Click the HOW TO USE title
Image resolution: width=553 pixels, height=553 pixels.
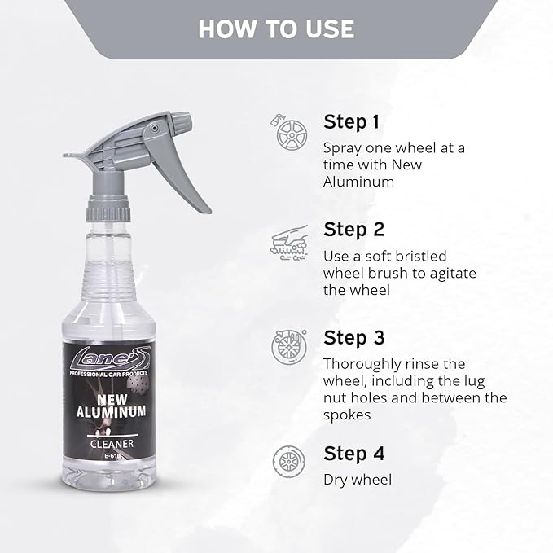276,29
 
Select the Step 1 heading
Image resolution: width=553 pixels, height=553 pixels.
352,122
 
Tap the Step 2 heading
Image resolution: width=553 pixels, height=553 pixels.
353,229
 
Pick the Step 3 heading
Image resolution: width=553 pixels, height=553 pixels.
353,337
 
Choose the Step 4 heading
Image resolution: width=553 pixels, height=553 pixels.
354,453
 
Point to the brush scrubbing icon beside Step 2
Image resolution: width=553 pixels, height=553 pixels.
288,239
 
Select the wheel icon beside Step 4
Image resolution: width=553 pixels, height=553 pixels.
288,461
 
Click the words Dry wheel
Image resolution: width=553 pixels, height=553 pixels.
357,480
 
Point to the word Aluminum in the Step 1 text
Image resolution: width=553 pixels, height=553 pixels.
358,182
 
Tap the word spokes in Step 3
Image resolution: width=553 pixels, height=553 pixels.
348,415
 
